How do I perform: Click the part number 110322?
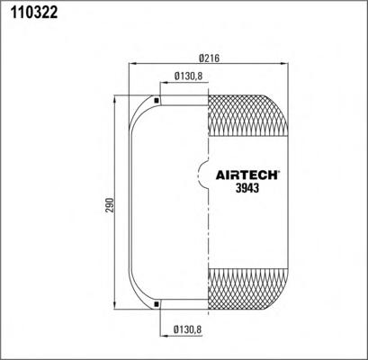(x=34, y=13)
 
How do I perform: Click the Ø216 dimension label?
(x=210, y=58)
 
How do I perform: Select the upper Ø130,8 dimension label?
(x=189, y=76)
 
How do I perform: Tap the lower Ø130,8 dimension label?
(x=187, y=330)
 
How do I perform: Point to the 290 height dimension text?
(x=111, y=205)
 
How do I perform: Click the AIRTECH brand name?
(x=247, y=175)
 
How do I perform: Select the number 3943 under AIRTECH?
(x=247, y=188)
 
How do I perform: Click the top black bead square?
(x=156, y=101)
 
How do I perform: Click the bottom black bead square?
(x=156, y=304)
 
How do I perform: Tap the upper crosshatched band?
(x=248, y=115)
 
